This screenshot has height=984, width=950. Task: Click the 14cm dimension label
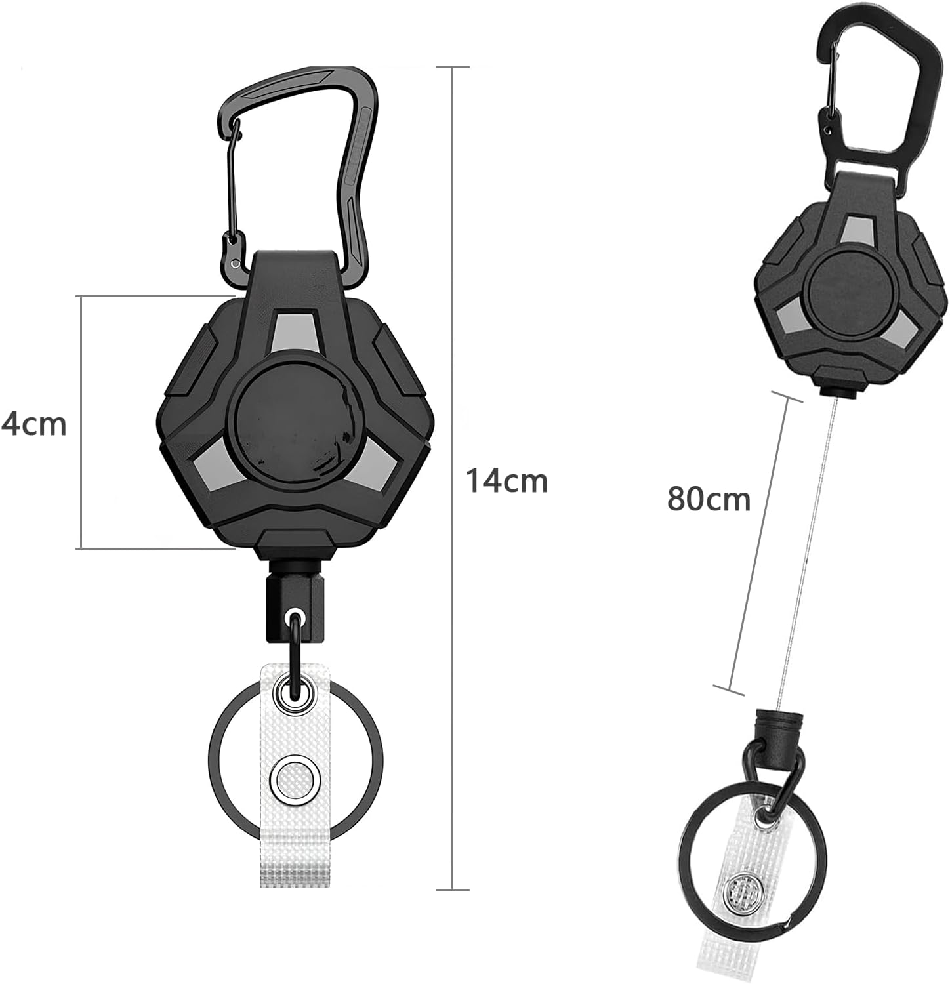tap(506, 481)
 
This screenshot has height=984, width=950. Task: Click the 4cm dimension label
tap(34, 424)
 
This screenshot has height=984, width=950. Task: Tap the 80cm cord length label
tap(709, 499)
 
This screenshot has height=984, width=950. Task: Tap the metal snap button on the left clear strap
tap(293, 781)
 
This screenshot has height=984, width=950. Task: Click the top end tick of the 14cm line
tap(453, 68)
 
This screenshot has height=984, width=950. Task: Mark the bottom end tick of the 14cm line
tap(453, 889)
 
